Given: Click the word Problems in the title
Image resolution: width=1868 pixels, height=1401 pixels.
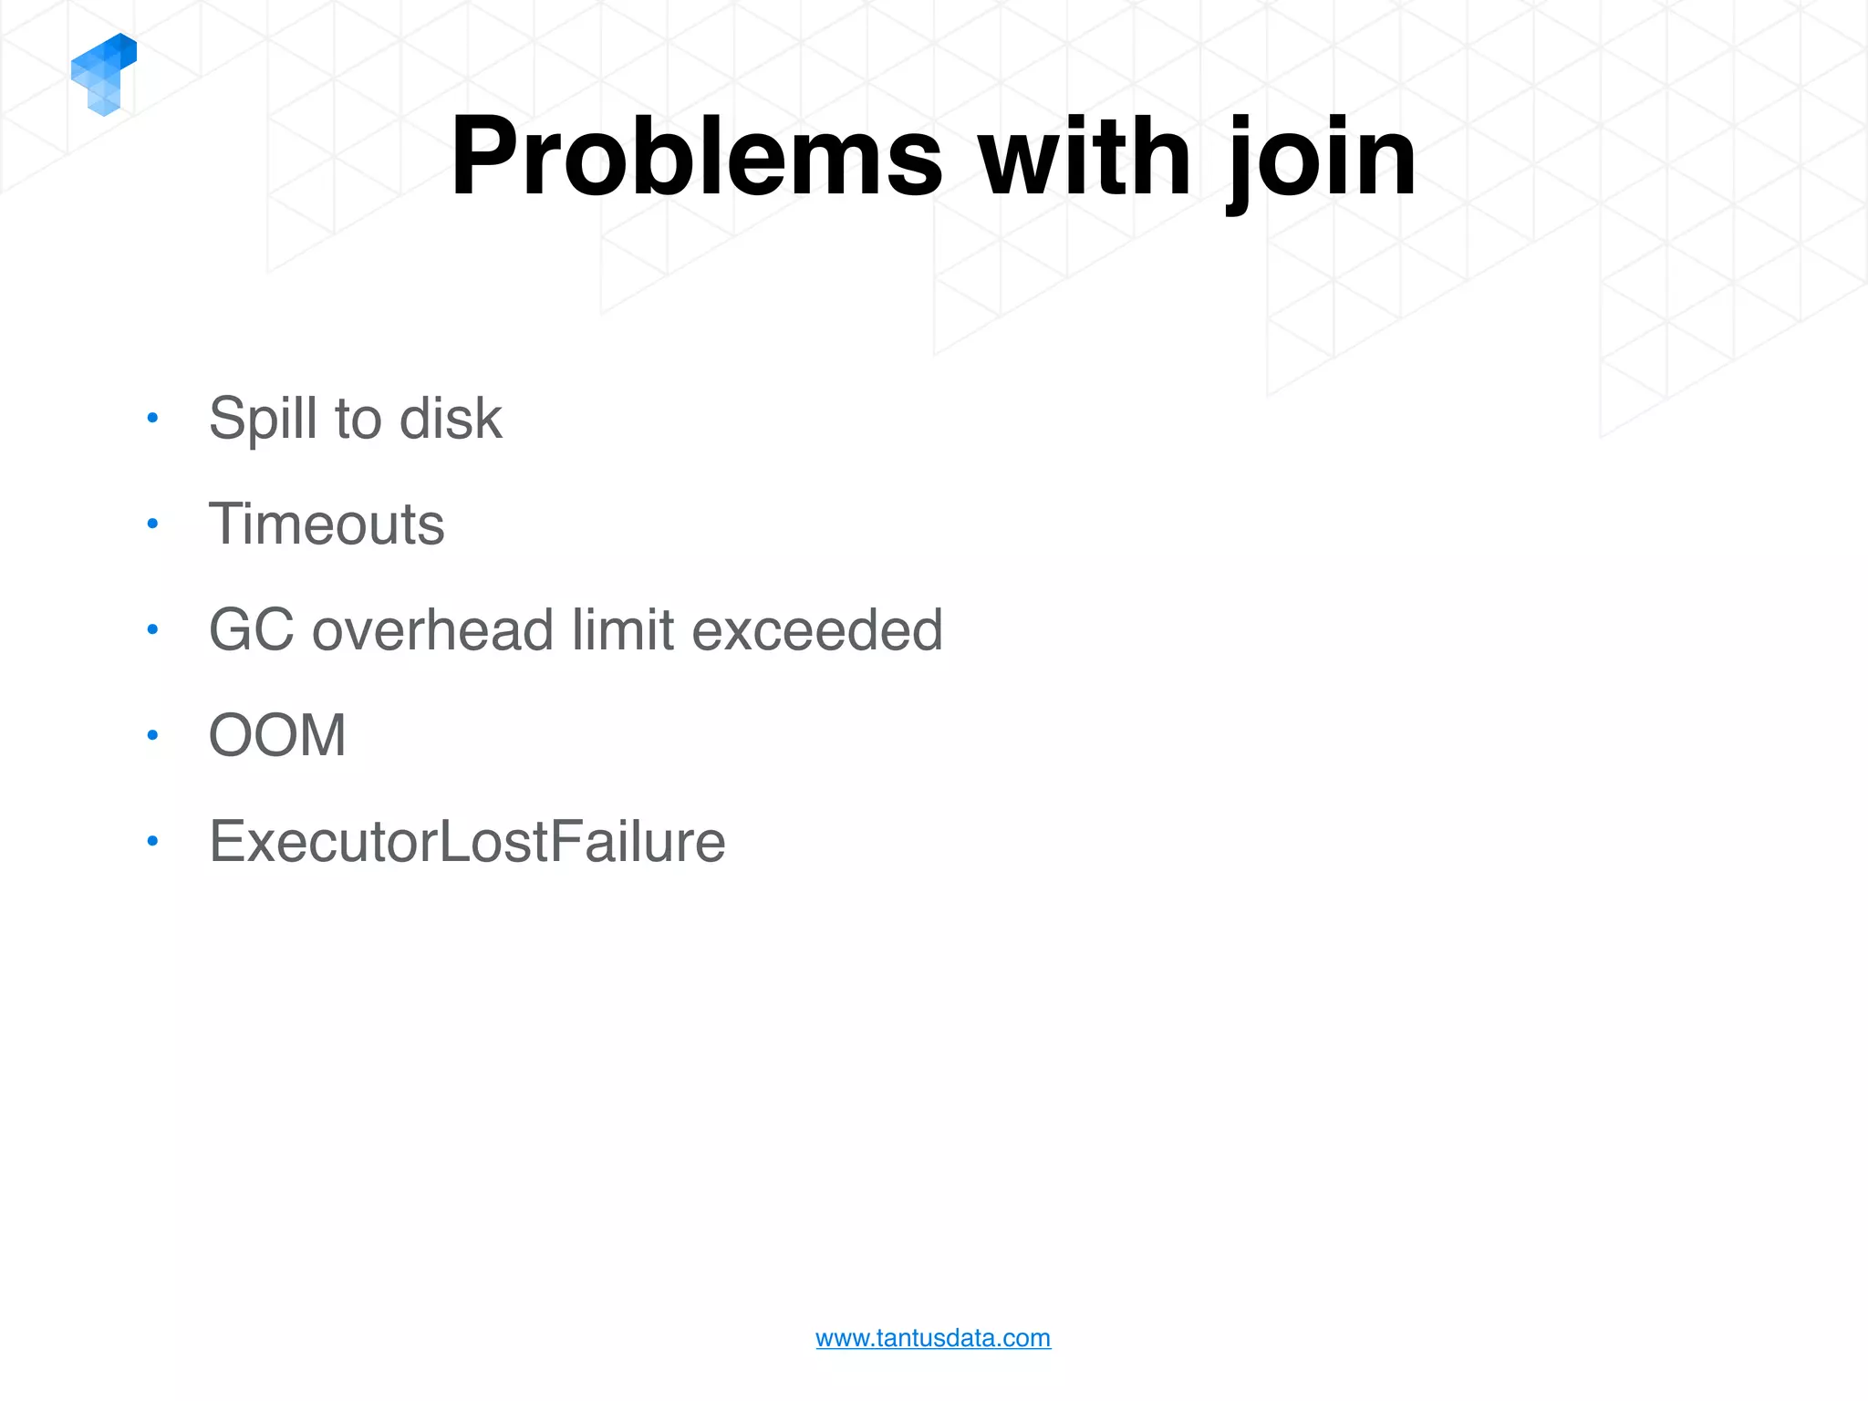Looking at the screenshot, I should pyautogui.click(x=696, y=157).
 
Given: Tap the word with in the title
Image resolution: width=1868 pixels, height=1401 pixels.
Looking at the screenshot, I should pyautogui.click(x=1084, y=157).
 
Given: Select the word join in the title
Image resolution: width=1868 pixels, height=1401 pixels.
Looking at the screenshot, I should pyautogui.click(x=1323, y=157).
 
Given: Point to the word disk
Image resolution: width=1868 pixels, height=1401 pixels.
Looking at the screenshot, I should pyautogui.click(x=451, y=420).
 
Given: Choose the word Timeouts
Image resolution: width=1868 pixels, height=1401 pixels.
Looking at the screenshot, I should pyautogui.click(x=327, y=524).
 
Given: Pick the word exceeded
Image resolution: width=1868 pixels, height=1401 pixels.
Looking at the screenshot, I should pyautogui.click(x=817, y=630).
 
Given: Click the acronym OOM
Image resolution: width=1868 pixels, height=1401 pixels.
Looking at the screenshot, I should pyautogui.click(x=277, y=735).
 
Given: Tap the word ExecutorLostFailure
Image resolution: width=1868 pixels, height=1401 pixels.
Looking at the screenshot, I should pyautogui.click(x=467, y=841).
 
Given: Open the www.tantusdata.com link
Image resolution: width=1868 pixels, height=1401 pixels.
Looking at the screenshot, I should pyautogui.click(x=933, y=1338).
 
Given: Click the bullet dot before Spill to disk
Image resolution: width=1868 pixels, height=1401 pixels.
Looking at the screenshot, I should pyautogui.click(x=153, y=419).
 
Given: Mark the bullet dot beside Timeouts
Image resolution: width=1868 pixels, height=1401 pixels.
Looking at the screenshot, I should pyautogui.click(x=153, y=524).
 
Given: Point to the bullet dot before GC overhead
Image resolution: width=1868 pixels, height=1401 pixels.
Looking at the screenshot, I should pyautogui.click(x=153, y=629).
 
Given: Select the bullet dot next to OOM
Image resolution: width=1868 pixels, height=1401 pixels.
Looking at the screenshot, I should pyautogui.click(x=153, y=734).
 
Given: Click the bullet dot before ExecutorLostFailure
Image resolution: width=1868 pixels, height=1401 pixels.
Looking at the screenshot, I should pyautogui.click(x=153, y=840).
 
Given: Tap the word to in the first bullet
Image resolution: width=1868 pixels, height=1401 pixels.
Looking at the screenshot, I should pyautogui.click(x=358, y=420).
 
